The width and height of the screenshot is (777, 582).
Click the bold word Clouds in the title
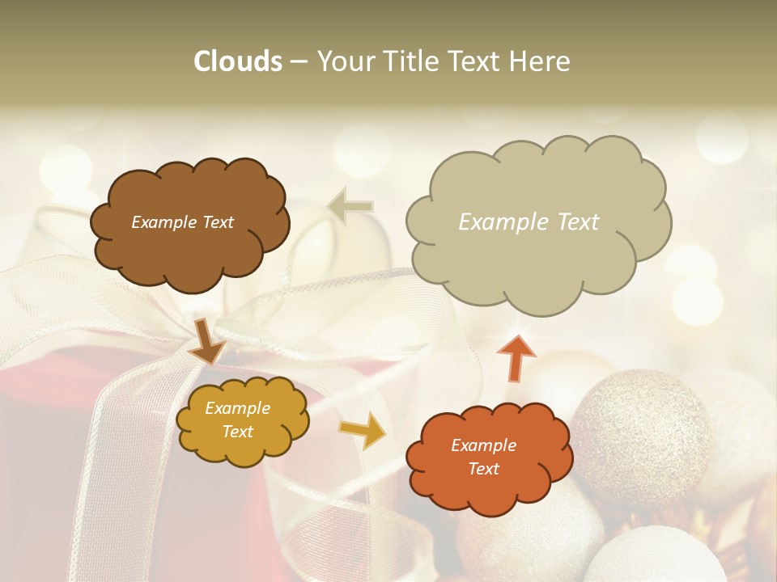[237, 61]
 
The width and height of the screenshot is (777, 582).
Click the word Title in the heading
[407, 61]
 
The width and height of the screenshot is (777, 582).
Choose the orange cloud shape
[489, 458]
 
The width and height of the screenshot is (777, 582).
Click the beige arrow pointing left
[350, 206]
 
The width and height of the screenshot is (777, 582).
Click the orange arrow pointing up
[516, 357]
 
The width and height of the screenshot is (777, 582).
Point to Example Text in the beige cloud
[529, 222]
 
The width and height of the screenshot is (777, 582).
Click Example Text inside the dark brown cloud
[182, 222]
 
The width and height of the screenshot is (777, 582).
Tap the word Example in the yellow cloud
[237, 408]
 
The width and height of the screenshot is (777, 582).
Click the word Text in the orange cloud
[483, 469]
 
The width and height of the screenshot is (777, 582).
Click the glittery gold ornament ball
[642, 428]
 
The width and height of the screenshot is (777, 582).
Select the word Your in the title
[345, 61]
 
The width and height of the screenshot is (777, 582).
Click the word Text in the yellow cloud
[237, 432]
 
